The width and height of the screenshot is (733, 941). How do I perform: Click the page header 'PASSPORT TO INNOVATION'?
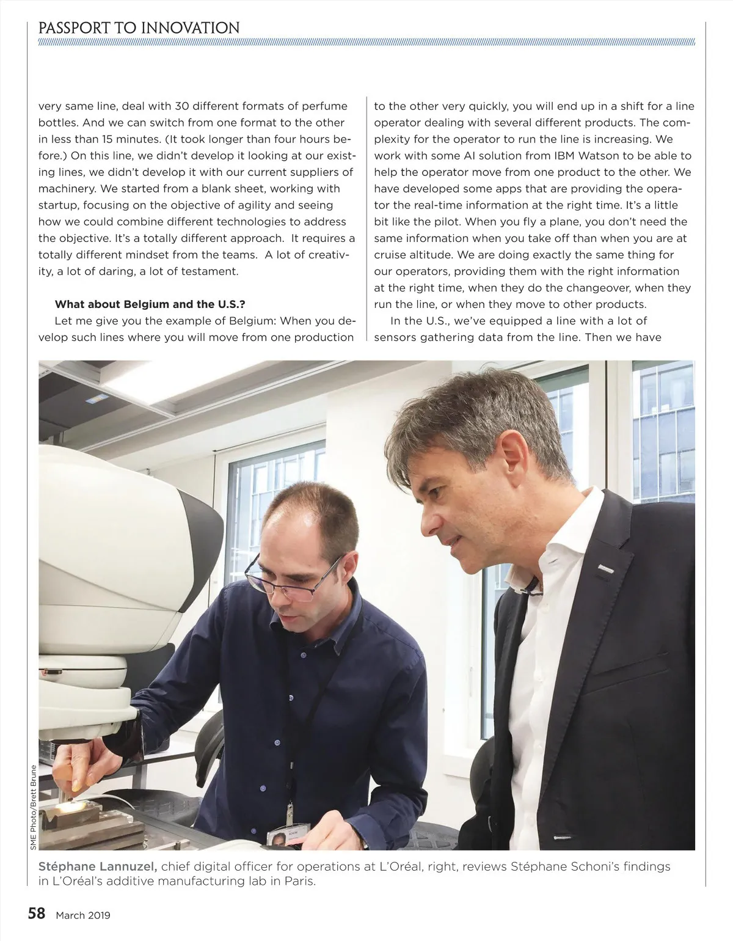tap(139, 27)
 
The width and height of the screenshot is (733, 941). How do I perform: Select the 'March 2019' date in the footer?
tap(83, 915)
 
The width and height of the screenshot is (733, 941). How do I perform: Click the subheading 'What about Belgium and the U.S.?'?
tap(150, 304)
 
